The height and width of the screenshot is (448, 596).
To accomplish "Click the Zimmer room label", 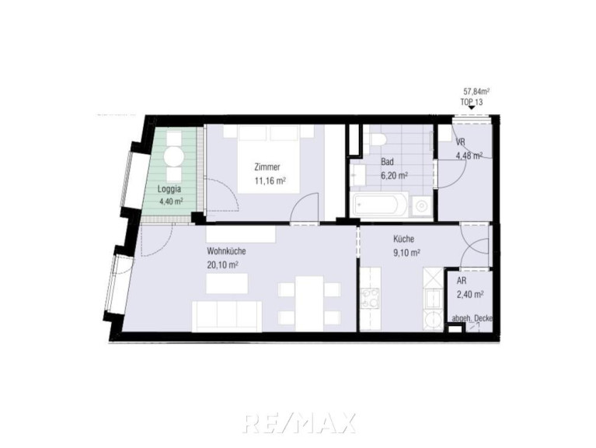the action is tap(267, 167).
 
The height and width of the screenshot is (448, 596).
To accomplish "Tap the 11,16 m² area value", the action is tap(270, 180).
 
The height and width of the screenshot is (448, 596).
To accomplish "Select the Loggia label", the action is tap(169, 189).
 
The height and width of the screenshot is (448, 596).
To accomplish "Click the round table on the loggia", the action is tap(175, 156).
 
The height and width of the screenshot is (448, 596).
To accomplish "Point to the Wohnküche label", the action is tap(226, 251).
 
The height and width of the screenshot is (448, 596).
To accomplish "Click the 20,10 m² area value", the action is tap(222, 264).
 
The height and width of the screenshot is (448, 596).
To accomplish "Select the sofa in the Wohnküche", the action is tap(227, 316).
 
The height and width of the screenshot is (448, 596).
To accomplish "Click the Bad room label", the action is tap(387, 162).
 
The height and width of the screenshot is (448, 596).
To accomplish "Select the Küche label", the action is tap(403, 239).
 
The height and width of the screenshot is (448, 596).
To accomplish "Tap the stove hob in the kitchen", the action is tap(370, 298).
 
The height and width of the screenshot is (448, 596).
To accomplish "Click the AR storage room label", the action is tap(462, 281).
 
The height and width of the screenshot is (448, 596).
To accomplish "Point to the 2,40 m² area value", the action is tap(470, 294).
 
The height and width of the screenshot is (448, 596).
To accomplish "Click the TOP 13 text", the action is tap(472, 102).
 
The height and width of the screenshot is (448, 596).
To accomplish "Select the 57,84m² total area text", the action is tap(476, 91).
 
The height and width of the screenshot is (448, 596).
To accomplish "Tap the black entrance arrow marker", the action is tap(472, 108).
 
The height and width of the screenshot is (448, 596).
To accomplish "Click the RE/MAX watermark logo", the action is tap(298, 422).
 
